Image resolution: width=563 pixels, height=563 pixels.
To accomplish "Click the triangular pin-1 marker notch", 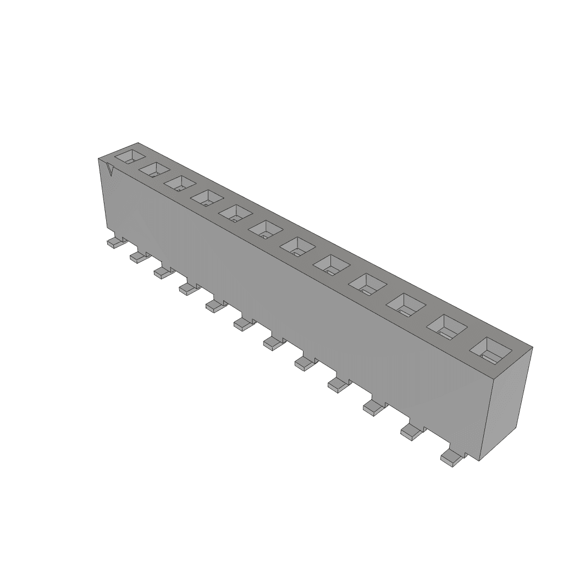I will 110,170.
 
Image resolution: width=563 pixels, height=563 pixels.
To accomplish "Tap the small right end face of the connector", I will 506,401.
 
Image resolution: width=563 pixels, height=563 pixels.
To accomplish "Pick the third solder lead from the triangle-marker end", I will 162,271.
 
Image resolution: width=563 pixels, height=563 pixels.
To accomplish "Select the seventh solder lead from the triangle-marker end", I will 272,343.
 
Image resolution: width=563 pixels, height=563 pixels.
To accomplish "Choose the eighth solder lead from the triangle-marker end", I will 303,362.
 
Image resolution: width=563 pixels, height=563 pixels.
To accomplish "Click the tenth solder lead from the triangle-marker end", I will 373,406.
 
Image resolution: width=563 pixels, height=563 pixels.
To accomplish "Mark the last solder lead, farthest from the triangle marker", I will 451,456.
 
